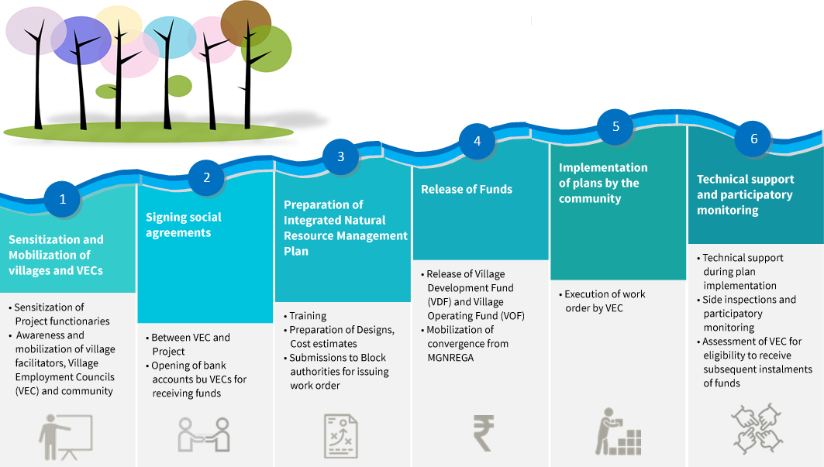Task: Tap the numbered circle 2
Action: pos(207,177)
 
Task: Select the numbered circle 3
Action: pos(340,156)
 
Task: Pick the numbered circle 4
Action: pos(478,141)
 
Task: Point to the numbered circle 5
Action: pos(616,127)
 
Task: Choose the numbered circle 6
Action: pos(753,139)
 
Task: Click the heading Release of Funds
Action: pos(467,189)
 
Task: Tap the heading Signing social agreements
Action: pos(184,225)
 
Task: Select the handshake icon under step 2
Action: pos(204,434)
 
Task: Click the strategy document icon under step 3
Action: pos(341,434)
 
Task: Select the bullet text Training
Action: pos(308,316)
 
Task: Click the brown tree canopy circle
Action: pos(246,24)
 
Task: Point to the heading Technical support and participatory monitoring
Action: pos(744,194)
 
